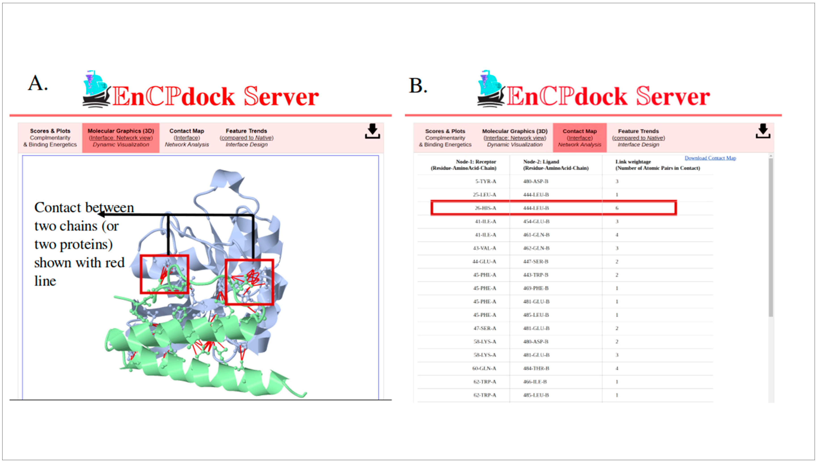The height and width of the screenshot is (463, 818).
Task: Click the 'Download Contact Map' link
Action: tap(710, 158)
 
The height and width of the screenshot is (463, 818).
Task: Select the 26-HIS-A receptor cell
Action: tap(485, 208)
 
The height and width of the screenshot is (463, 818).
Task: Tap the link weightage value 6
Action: tap(617, 208)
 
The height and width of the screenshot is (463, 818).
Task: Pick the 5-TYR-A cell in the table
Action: tap(485, 181)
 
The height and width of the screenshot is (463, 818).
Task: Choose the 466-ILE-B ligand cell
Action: tap(535, 382)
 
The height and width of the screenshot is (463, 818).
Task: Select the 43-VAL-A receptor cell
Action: tap(484, 248)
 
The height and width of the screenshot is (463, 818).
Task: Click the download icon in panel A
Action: tap(372, 131)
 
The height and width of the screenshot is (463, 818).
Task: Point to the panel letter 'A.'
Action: tap(38, 83)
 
